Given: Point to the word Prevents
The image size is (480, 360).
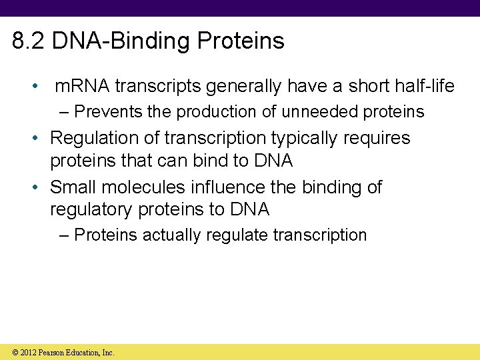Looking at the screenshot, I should pos(109,111).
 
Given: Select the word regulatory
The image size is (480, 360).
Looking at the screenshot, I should pos(91,209).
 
